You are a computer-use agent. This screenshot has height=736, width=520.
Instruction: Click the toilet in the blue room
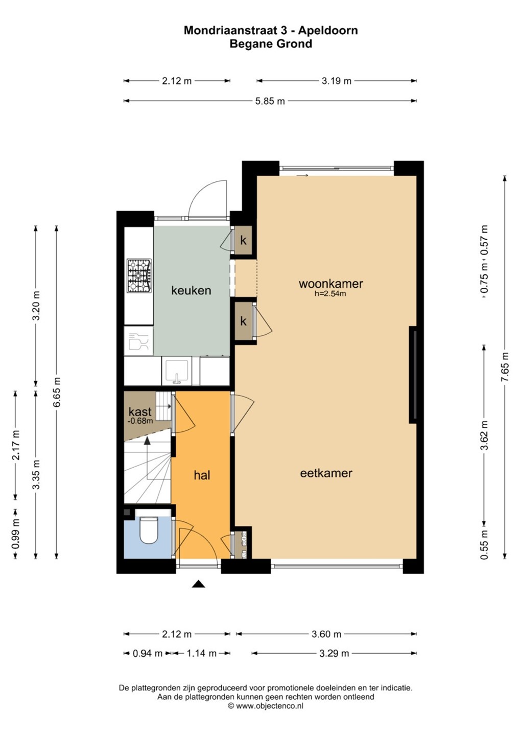click(x=149, y=530)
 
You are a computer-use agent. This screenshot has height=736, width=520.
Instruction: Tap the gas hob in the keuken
click(x=139, y=275)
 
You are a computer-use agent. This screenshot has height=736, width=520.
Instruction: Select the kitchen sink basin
click(x=177, y=371)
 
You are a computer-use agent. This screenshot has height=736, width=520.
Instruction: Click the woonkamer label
click(x=330, y=284)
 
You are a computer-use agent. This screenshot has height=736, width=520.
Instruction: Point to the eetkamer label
click(x=326, y=473)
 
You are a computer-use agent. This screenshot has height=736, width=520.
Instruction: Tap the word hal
click(x=202, y=475)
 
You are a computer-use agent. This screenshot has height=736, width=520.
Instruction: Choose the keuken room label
click(x=191, y=290)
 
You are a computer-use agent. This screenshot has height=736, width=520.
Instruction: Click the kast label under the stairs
click(x=140, y=411)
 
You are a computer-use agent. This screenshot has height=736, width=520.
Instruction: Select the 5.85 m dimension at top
click(x=270, y=101)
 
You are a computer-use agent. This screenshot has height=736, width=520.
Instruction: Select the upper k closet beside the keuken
click(x=243, y=240)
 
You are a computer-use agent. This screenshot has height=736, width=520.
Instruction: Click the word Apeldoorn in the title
click(x=329, y=31)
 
